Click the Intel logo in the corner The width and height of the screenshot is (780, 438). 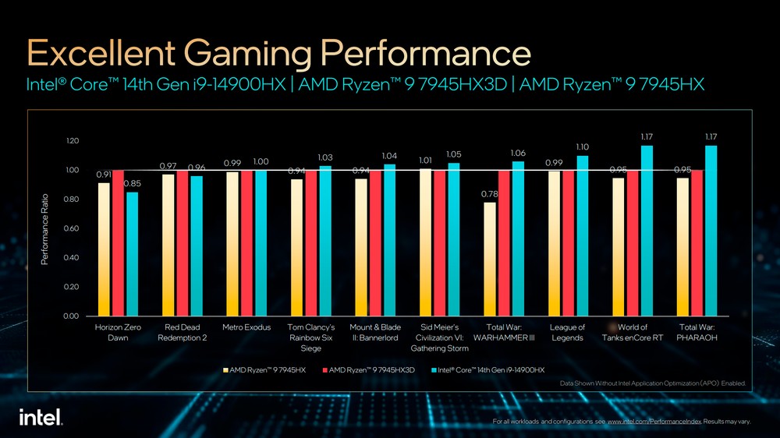tap(41, 417)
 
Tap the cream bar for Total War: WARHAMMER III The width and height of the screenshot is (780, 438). tap(489, 259)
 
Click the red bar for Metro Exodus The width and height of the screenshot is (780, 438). tap(246, 242)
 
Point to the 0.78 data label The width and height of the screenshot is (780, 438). tap(489, 193)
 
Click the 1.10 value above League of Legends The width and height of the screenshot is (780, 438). tap(582, 147)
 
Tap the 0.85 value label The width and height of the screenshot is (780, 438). tap(133, 183)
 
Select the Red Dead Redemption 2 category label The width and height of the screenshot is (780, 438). tap(182, 333)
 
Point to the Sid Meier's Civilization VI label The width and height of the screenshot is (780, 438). tap(439, 337)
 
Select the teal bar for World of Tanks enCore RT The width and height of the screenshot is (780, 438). tap(647, 231)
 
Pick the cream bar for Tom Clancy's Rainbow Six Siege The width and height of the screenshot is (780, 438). tap(296, 247)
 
